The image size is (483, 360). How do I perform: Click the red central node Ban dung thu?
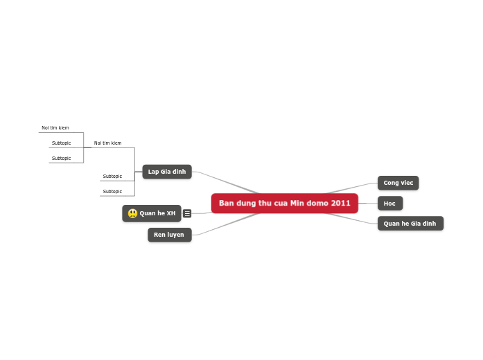click(284, 204)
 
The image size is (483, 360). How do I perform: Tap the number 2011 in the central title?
click(341, 204)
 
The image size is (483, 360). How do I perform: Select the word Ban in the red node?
click(227, 204)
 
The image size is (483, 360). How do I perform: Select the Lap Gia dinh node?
click(167, 172)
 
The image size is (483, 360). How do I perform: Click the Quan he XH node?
click(152, 213)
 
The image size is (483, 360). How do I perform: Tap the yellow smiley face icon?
click(132, 213)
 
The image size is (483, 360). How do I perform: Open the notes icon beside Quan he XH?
click(187, 213)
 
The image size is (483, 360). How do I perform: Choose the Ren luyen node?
click(169, 235)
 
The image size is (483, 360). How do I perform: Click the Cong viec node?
click(398, 183)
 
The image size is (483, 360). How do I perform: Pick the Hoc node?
click(389, 204)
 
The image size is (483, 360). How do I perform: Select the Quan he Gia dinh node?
click(410, 224)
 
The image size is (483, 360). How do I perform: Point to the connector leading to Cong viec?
click(353, 188)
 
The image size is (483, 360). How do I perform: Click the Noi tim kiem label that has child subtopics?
click(107, 143)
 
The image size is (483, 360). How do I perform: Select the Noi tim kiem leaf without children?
click(55, 128)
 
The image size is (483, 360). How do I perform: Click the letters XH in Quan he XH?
click(171, 213)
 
